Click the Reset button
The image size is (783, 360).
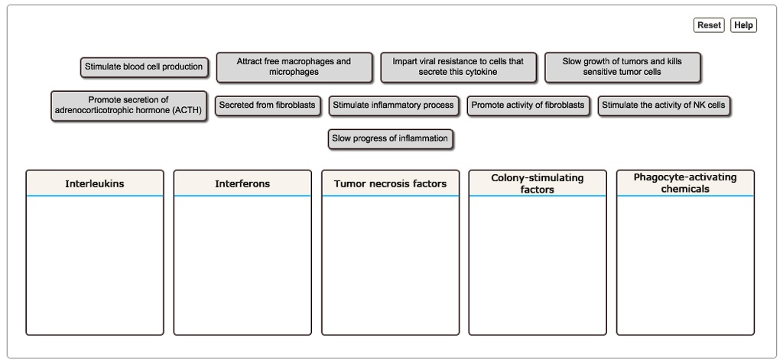click(709, 25)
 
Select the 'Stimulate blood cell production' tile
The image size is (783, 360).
click(144, 67)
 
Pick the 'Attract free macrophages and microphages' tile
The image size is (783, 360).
click(294, 67)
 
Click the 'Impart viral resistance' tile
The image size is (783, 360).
click(458, 67)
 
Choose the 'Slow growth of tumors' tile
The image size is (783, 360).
click(622, 67)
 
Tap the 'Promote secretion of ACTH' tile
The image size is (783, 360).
click(128, 105)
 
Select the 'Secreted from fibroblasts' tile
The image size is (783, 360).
click(267, 105)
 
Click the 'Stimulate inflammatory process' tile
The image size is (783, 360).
click(393, 105)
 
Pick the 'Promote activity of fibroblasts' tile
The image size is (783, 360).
click(528, 105)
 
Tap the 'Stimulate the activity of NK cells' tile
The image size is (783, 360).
click(664, 105)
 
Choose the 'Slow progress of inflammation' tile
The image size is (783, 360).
click(390, 139)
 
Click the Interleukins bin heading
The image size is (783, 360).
click(94, 183)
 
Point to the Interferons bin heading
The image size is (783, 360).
click(242, 183)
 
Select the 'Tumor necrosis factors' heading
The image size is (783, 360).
click(390, 183)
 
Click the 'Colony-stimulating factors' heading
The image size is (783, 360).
click(538, 183)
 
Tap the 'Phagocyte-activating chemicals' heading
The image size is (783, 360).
click(685, 183)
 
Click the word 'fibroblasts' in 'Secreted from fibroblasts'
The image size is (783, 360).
click(291, 105)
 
